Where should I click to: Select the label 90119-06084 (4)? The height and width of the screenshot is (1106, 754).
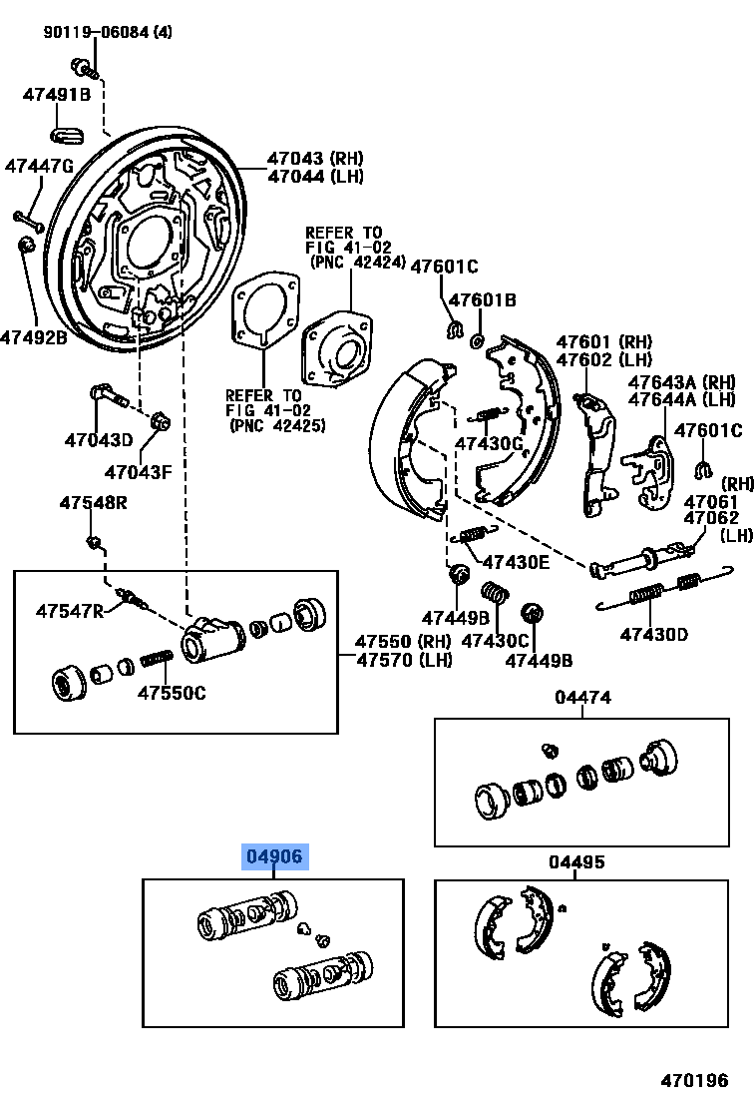[107, 32]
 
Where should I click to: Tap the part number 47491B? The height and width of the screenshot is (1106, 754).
[57, 95]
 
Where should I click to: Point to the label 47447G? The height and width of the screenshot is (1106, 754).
[39, 166]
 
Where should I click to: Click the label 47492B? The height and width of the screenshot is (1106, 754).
[34, 337]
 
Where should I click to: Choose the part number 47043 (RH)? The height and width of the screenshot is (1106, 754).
[314, 158]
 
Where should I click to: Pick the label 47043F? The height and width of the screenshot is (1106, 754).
[140, 471]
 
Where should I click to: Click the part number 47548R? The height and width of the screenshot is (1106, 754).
[93, 502]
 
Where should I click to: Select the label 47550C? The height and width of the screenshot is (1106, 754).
[172, 693]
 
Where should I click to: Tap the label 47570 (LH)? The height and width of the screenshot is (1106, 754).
[404, 659]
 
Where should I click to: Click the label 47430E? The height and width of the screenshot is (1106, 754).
[516, 562]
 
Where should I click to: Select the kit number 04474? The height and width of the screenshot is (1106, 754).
[583, 698]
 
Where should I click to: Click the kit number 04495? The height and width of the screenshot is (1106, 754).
[576, 862]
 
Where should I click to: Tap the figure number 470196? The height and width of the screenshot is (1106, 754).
[696, 1080]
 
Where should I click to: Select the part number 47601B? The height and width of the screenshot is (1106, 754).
[482, 299]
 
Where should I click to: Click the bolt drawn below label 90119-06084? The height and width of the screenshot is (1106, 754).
[83, 67]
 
